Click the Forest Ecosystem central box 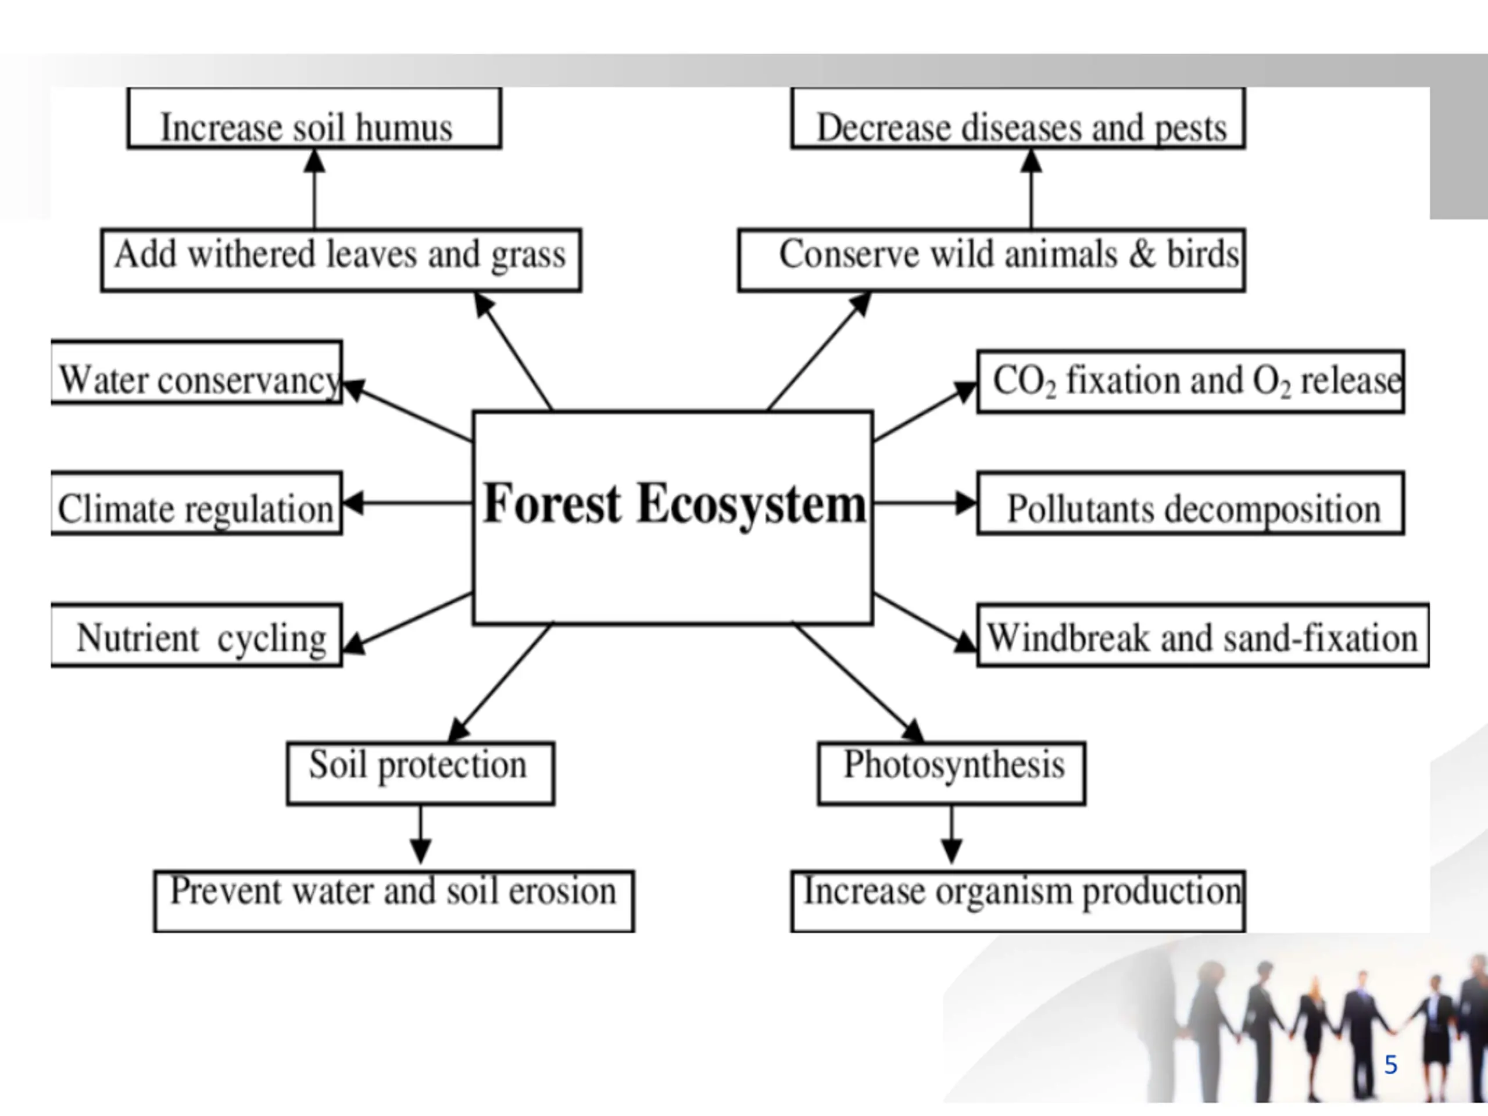tap(673, 517)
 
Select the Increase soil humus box tap(314, 119)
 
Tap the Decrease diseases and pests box tap(1018, 119)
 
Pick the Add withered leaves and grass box tap(341, 260)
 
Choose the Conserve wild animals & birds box tap(992, 260)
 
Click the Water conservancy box tap(196, 373)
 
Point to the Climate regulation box tap(196, 503)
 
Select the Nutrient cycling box tap(196, 635)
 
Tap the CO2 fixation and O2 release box tap(1190, 381)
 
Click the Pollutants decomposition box tap(1190, 503)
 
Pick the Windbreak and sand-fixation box tap(1203, 635)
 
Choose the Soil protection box tap(420, 773)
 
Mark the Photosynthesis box tap(951, 773)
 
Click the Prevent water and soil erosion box tap(394, 901)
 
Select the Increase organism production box tap(1018, 901)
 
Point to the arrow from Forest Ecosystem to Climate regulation tap(407, 503)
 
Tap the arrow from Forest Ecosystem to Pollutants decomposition tap(925, 503)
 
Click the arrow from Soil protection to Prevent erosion tap(420, 834)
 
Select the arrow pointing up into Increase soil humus tap(314, 188)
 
